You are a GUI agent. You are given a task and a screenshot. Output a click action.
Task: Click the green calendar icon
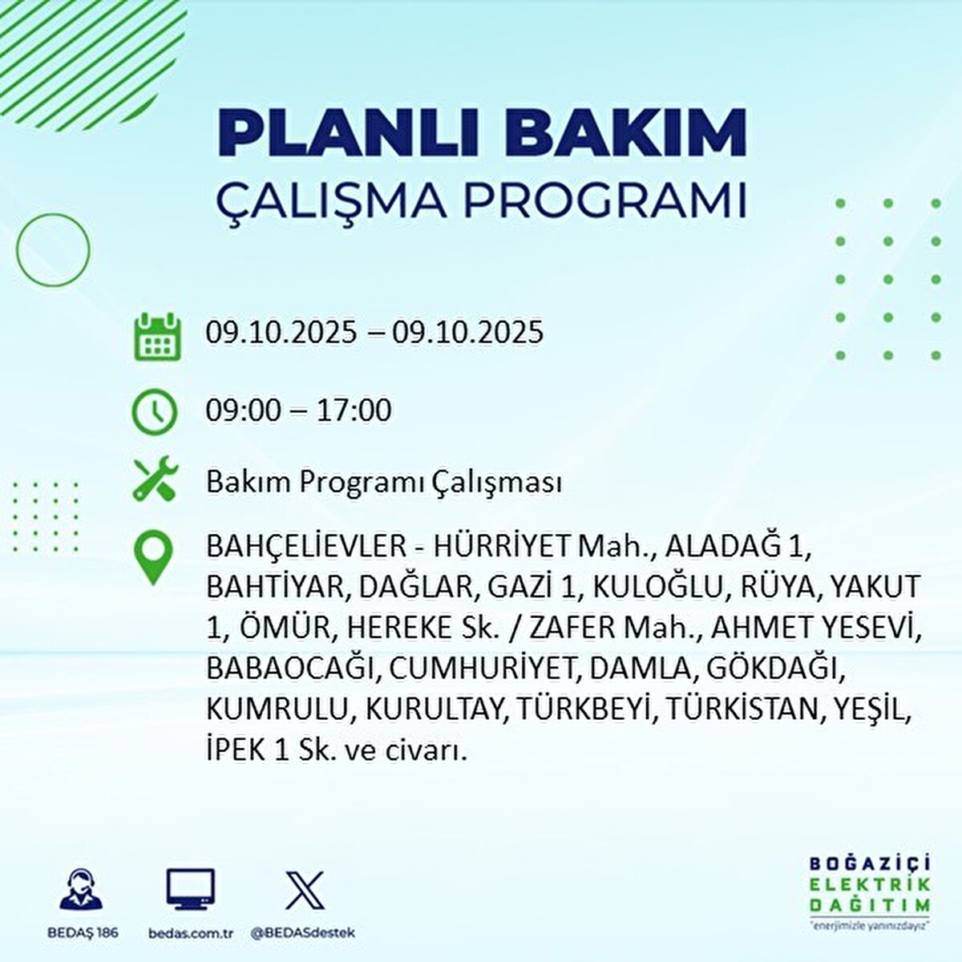[x=156, y=334]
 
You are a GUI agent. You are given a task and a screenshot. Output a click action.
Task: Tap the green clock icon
[x=154, y=412]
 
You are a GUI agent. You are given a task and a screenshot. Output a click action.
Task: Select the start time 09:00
[x=243, y=410]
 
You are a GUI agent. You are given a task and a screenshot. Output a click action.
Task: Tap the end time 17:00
[x=354, y=410]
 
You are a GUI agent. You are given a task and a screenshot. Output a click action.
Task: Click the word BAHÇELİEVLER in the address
[x=305, y=548]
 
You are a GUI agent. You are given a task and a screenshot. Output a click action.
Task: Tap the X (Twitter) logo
[x=305, y=890]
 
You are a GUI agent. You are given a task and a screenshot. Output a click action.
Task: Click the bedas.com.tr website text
[x=191, y=933]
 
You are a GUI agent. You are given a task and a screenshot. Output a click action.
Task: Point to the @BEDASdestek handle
[x=303, y=933]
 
